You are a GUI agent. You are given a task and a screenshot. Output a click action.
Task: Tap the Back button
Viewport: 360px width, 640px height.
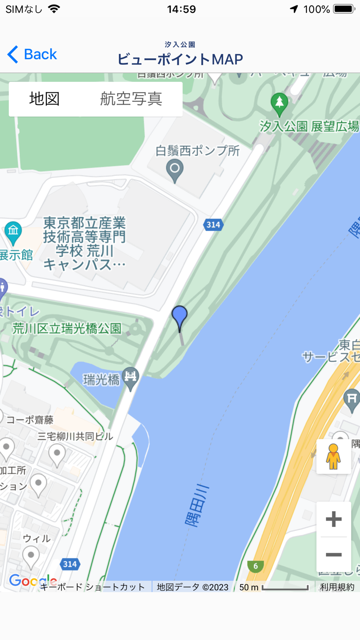(32, 54)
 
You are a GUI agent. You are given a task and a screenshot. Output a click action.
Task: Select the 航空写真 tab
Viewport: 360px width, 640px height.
(131, 99)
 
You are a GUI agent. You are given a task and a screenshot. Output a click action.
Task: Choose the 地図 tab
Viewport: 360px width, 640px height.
(45, 99)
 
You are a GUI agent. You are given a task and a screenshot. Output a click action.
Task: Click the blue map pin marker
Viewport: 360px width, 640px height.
(179, 316)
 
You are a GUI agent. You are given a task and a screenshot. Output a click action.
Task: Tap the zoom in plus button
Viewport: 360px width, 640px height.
(334, 519)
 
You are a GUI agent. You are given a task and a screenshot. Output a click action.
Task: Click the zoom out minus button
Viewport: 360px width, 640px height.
(334, 554)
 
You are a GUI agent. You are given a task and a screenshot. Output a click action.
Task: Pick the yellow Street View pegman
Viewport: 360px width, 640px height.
(334, 456)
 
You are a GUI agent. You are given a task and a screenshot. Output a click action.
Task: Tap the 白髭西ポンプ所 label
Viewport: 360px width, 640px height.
(198, 151)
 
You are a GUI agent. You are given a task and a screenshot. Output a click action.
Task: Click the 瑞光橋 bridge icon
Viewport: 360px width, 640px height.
(132, 376)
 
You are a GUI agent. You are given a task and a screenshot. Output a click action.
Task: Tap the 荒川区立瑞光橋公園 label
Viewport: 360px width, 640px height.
(67, 328)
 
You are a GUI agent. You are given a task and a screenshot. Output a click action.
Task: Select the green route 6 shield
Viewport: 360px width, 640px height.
(255, 566)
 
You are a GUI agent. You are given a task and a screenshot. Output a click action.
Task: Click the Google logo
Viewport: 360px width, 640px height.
(32, 581)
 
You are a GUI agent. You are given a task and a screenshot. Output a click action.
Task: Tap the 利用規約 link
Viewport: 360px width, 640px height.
(337, 587)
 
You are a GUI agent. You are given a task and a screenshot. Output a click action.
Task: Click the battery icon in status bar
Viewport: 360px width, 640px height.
(343, 9)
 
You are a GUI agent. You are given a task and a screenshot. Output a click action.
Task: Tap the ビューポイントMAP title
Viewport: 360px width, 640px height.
(180, 59)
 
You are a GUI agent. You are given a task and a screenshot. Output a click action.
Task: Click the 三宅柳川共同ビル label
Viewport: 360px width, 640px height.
(75, 436)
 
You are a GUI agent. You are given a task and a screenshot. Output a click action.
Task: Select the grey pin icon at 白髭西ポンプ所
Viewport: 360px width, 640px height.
(175, 170)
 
